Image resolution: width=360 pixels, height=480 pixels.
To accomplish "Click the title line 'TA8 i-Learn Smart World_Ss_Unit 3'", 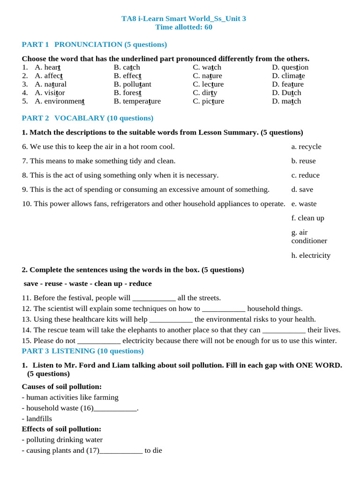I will pos(183,18).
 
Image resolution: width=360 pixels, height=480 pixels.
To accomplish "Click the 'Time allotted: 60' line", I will pos(183,27).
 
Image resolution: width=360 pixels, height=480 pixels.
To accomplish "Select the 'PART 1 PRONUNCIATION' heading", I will pos(94,45).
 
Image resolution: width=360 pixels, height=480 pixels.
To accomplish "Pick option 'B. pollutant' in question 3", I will pos(132,84).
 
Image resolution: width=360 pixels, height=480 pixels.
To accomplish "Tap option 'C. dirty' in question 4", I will pos(205,92).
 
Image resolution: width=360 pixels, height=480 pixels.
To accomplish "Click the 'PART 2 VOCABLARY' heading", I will pos(88,118).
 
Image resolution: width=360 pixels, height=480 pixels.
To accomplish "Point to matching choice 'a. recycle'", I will pos(306,147).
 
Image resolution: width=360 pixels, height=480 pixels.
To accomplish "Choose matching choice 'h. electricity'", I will pos(310,255).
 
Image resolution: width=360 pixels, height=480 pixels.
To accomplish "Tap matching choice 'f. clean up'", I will pos(307,218).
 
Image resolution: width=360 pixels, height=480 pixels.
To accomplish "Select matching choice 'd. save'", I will pos(302,189).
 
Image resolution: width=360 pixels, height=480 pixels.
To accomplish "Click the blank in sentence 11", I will pos(154,298).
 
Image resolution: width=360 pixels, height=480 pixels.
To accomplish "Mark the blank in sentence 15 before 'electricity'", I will pos(98,341).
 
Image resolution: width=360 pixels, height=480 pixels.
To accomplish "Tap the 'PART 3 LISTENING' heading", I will pos(82,351).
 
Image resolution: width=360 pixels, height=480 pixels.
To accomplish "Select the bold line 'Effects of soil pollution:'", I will pos(61,429).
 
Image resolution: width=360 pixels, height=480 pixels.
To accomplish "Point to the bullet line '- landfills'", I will pos(37,419).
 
